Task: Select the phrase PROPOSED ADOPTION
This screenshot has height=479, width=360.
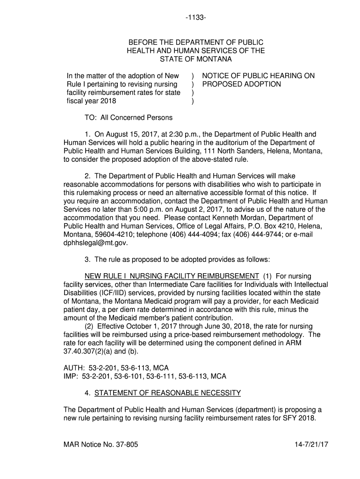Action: click(x=241, y=84)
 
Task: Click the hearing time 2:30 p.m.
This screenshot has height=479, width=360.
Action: click(x=151, y=134)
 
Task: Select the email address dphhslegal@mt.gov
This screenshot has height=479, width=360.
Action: click(x=95, y=243)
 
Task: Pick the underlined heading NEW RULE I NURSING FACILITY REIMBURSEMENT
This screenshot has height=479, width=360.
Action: click(x=172, y=276)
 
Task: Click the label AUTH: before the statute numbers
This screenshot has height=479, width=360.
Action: click(x=73, y=368)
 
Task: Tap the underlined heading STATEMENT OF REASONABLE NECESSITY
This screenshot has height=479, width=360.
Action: click(x=167, y=392)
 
